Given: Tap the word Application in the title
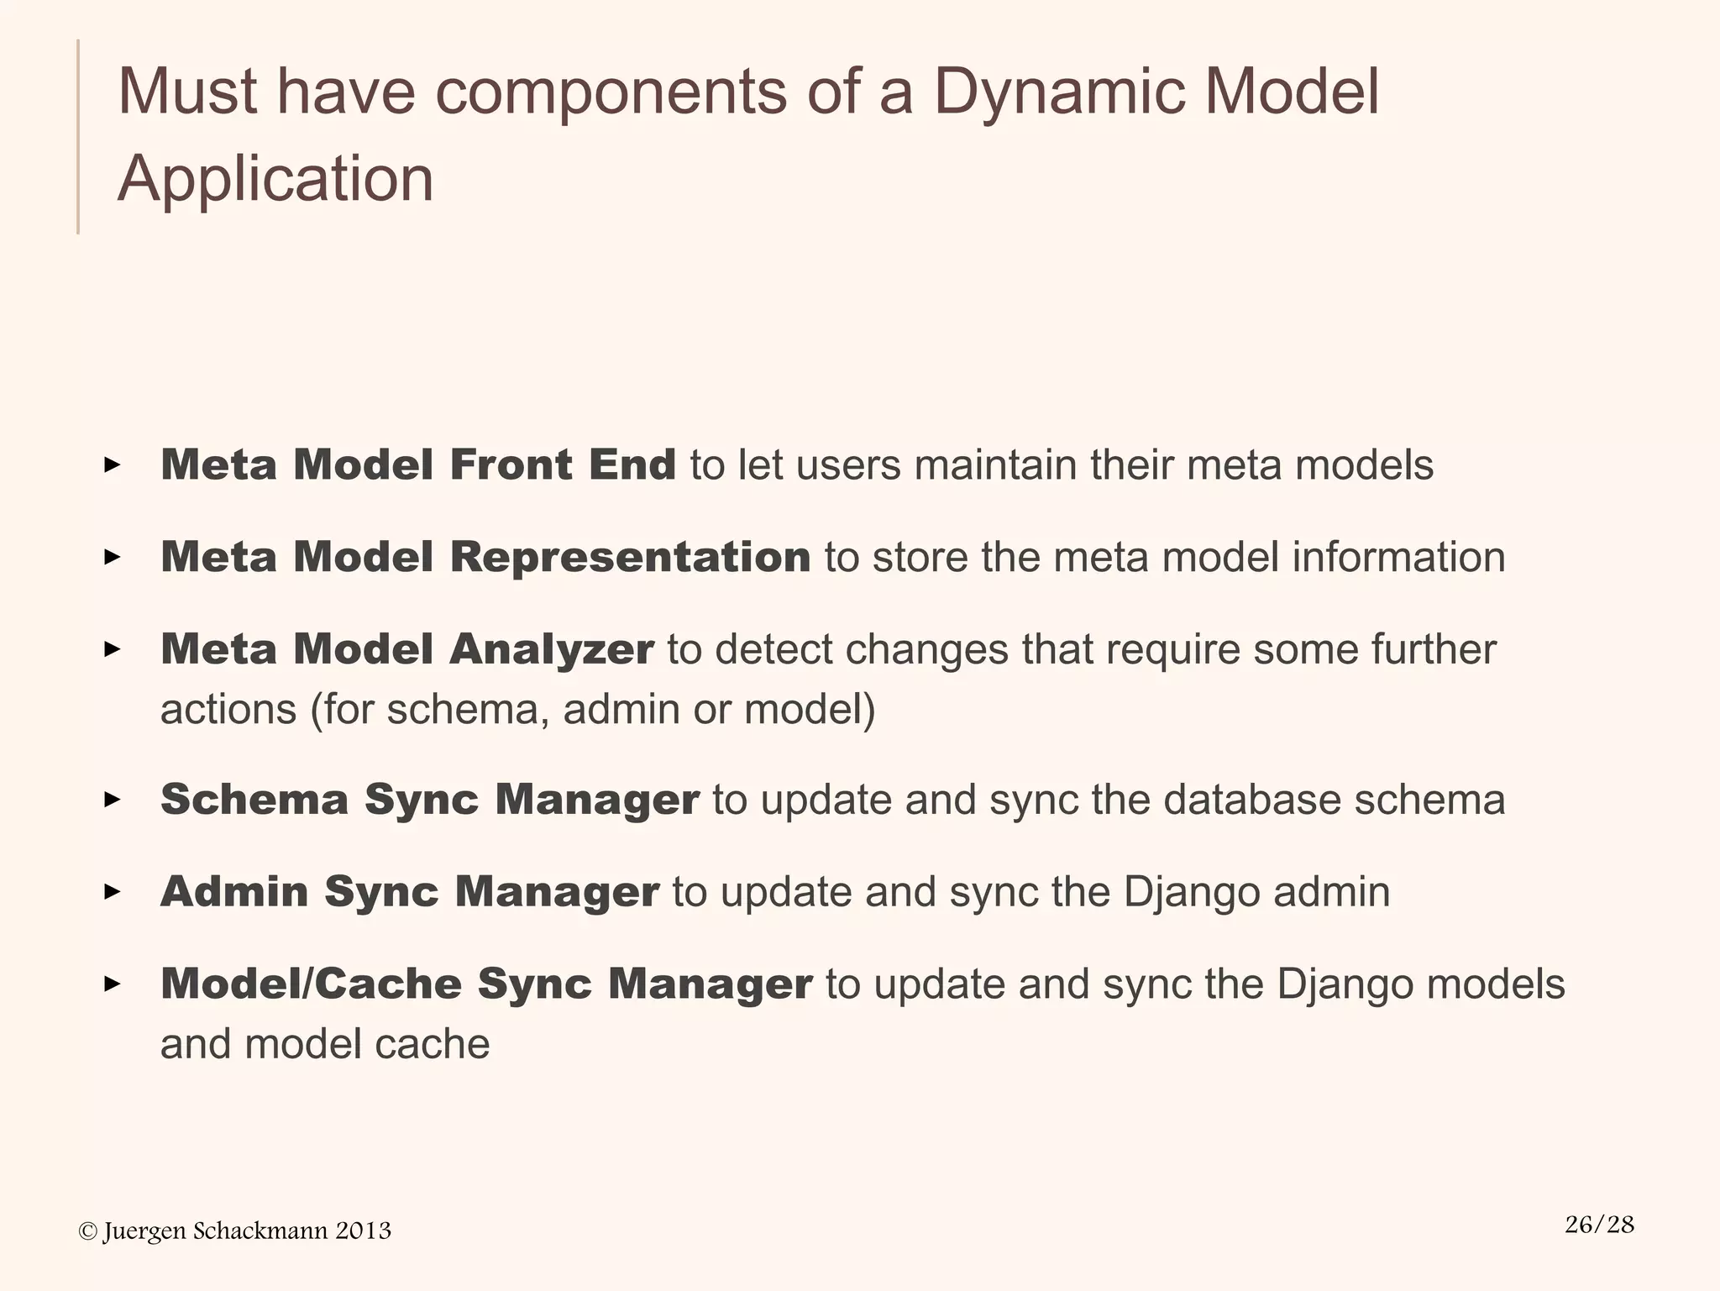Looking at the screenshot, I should [275, 179].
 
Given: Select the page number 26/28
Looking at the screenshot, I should [1599, 1224].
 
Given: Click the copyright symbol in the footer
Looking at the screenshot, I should [87, 1231].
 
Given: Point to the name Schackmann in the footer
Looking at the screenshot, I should [260, 1231].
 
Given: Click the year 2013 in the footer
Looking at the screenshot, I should [363, 1231].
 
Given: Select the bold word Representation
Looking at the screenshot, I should [630, 557].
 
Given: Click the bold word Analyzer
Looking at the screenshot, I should [551, 649].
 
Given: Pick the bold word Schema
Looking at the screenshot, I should [254, 799].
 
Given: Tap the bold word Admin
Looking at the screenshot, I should [234, 891].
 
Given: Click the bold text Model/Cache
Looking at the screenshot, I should [311, 984].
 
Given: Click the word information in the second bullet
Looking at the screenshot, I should [1397, 557].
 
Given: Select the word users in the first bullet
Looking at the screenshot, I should [847, 464].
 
